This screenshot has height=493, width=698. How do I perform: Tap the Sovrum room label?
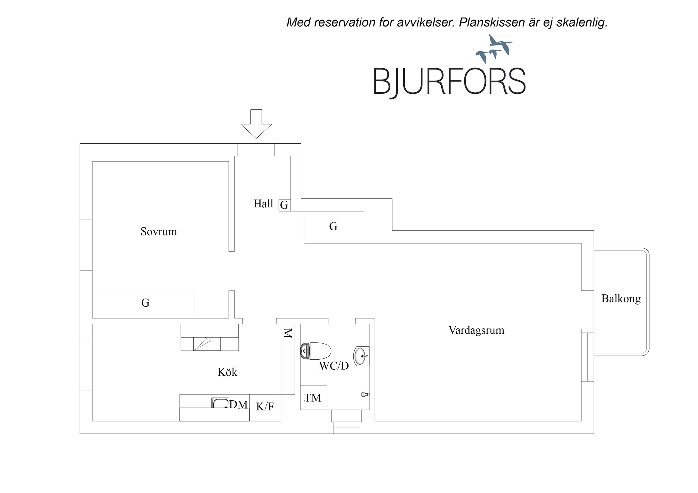tap(158, 232)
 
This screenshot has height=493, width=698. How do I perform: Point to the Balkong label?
tap(621, 299)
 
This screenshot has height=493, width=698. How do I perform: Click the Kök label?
tap(227, 372)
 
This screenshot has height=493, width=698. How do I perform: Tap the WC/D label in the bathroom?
tap(334, 366)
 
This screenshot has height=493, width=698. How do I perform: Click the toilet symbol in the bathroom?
tap(315, 351)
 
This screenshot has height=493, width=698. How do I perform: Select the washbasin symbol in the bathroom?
tap(361, 356)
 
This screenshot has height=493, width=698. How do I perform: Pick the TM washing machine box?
tap(313, 398)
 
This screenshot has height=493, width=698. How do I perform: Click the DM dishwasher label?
tap(238, 405)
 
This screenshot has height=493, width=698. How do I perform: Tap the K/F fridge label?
tap(265, 407)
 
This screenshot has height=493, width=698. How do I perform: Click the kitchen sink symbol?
tap(220, 403)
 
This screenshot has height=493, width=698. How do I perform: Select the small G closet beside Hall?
tap(284, 205)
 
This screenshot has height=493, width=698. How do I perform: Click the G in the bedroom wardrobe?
tap(145, 303)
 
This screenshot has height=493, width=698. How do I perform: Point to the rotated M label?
tap(287, 333)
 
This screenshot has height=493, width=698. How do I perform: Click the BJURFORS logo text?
tap(449, 81)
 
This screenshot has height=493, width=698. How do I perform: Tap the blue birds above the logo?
tap(494, 49)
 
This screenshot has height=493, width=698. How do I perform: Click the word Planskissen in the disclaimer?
tap(491, 23)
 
